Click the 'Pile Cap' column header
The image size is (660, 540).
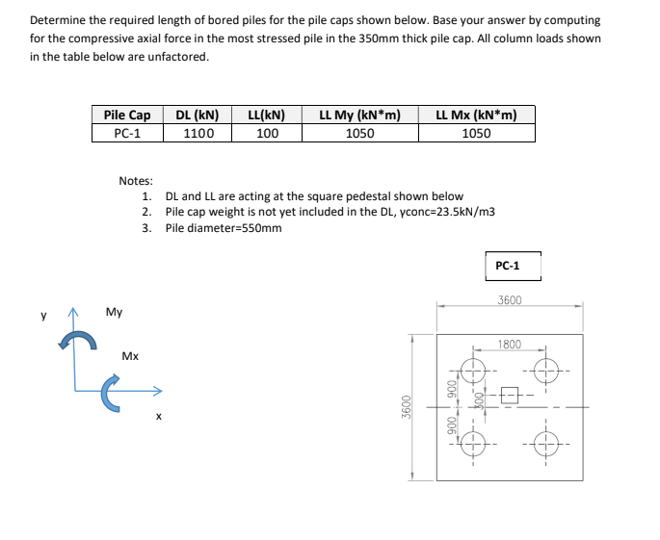pos(127,116)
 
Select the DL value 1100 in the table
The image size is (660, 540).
pos(198,134)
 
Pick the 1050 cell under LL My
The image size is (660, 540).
pos(359,134)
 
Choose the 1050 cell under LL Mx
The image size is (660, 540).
pos(476,134)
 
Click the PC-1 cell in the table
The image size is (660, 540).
pos(127,134)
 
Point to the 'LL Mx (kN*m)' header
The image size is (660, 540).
pos(476,116)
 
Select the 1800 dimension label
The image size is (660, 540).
pos(510,344)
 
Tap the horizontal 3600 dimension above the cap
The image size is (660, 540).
pos(511,300)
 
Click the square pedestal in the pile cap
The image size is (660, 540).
pos(510,393)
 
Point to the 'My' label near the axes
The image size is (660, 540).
pos(114,313)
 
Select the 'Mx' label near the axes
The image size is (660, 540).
pos(131,356)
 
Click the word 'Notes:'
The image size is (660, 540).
pos(136,181)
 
